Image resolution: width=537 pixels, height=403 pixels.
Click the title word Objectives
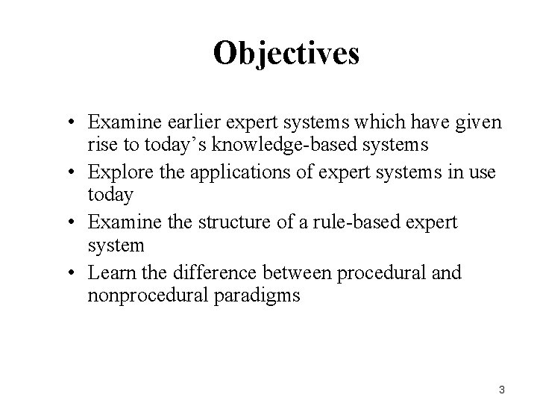286,53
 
